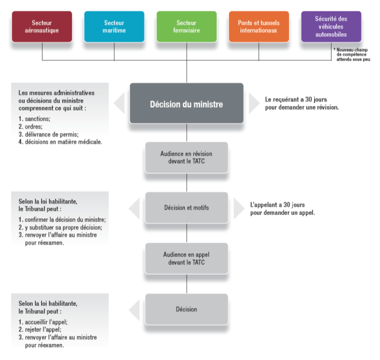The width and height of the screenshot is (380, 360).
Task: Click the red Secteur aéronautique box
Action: [42, 27]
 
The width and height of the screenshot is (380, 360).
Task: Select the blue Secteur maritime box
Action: [114, 27]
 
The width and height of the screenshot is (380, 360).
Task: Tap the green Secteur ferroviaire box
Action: [187, 27]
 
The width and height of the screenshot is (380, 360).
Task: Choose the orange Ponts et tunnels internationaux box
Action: [259, 27]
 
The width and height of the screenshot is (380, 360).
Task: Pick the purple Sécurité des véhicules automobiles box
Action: [331, 27]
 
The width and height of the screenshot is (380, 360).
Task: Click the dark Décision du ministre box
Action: [187, 104]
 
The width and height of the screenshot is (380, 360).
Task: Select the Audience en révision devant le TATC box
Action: [187, 157]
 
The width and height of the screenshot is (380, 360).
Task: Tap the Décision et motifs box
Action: [187, 208]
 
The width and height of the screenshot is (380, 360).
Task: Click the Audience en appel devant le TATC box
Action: [187, 258]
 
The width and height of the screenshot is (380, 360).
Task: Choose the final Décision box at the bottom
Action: [187, 309]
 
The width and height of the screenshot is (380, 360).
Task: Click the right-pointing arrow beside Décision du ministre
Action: [253, 103]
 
